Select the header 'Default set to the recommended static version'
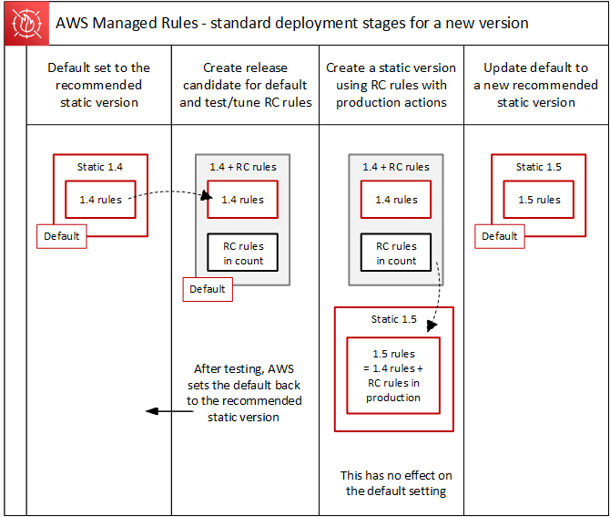click(x=99, y=85)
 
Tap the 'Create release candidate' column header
click(x=246, y=85)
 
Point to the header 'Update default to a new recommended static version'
click(x=536, y=85)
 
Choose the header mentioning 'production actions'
click(x=391, y=85)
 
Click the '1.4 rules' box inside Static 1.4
click(x=99, y=200)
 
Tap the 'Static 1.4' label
click(x=99, y=168)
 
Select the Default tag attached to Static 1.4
click(x=62, y=236)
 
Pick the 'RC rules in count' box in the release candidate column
click(x=243, y=253)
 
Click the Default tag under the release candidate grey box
click(x=208, y=289)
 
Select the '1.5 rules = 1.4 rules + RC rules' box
click(x=394, y=376)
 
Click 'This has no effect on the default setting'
click(x=396, y=482)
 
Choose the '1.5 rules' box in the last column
click(x=538, y=200)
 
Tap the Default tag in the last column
click(x=500, y=236)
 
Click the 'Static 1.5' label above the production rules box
click(x=393, y=319)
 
